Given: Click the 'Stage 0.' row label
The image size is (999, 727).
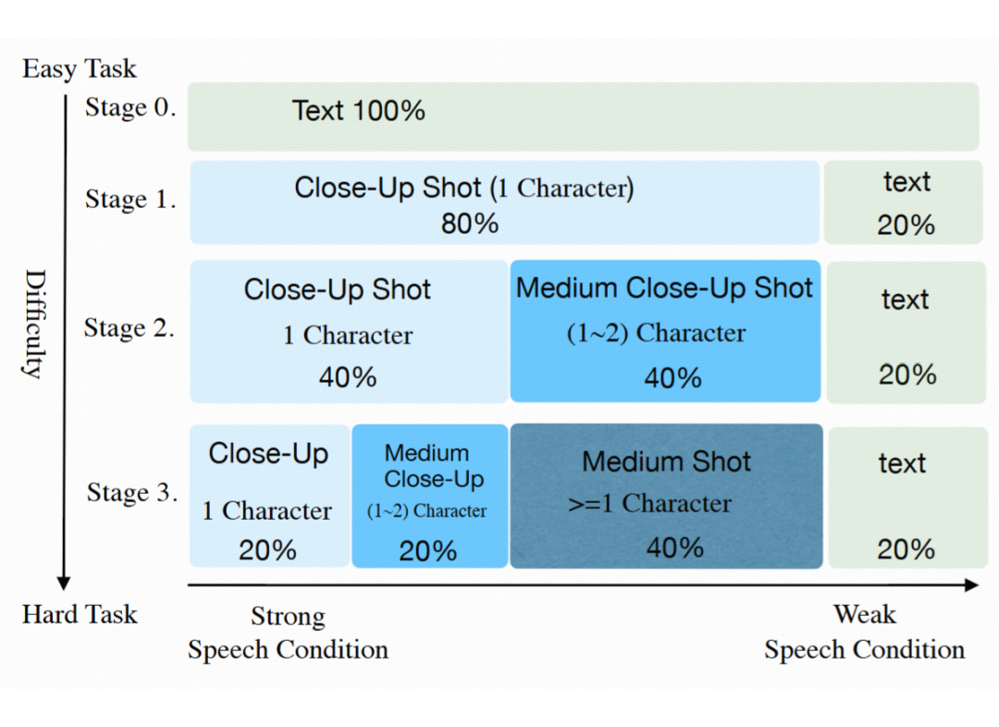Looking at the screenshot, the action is (x=130, y=107).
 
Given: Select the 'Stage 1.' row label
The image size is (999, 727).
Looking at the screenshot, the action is (x=130, y=199).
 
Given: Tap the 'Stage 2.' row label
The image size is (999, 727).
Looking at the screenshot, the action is (x=129, y=327).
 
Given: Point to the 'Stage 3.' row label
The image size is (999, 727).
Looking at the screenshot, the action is (x=132, y=492).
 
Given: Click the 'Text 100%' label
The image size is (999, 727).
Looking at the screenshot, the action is (x=359, y=110).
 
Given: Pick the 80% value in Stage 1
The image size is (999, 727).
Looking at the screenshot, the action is (x=470, y=224).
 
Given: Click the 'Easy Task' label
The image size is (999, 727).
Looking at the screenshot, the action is (x=80, y=68).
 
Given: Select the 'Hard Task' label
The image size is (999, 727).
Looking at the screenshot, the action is (x=80, y=614).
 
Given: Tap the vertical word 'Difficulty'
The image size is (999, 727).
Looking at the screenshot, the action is (x=36, y=324).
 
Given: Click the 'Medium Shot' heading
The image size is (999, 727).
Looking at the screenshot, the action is (x=666, y=462).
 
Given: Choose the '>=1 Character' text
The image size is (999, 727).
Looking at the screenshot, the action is (x=650, y=503).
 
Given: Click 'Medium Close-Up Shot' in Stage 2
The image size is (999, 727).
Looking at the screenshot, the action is (x=664, y=288).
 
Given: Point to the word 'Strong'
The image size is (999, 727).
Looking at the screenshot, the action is (x=288, y=616).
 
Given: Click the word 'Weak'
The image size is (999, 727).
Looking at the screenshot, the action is (x=865, y=614).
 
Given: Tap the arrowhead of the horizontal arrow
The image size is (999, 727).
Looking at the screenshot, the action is (x=971, y=585).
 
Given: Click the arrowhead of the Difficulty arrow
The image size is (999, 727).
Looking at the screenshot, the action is (x=63, y=583).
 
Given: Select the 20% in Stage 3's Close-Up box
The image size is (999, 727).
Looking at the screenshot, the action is (x=267, y=549).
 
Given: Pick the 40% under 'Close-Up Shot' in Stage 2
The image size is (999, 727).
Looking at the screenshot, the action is (x=348, y=377).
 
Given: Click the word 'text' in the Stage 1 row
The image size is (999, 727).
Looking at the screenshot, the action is (x=906, y=182).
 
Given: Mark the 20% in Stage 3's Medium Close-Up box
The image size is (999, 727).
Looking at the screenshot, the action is (x=428, y=551).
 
